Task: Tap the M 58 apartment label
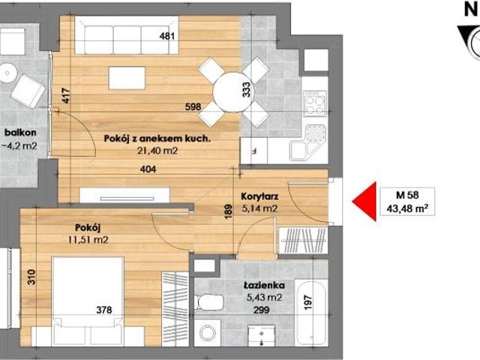[407, 195]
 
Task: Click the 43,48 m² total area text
[407, 208]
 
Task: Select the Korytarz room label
[259, 196]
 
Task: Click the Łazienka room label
[264, 286]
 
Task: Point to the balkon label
[20, 133]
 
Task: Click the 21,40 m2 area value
[157, 151]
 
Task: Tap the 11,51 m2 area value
[88, 239]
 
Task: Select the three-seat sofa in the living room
[127, 35]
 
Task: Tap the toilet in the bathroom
[209, 302]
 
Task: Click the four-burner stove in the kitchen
[315, 103]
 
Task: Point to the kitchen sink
[307, 142]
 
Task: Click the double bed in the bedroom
[88, 300]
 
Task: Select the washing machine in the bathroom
[207, 333]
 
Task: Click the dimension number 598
[193, 106]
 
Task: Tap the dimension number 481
[167, 36]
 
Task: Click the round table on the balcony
[7, 73]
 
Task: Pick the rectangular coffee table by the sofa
[127, 78]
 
